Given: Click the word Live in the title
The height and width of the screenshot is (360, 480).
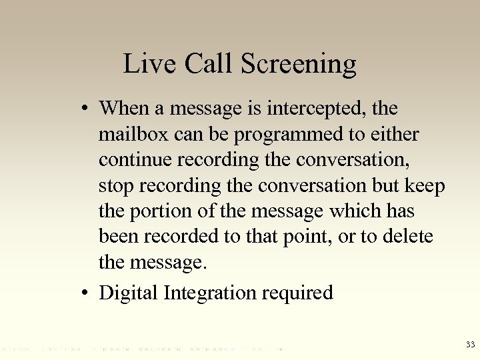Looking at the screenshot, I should click(x=141, y=64).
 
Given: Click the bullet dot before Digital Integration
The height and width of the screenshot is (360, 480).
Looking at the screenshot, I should click(x=88, y=293).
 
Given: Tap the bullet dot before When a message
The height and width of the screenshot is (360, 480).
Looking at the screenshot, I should click(x=88, y=109).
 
